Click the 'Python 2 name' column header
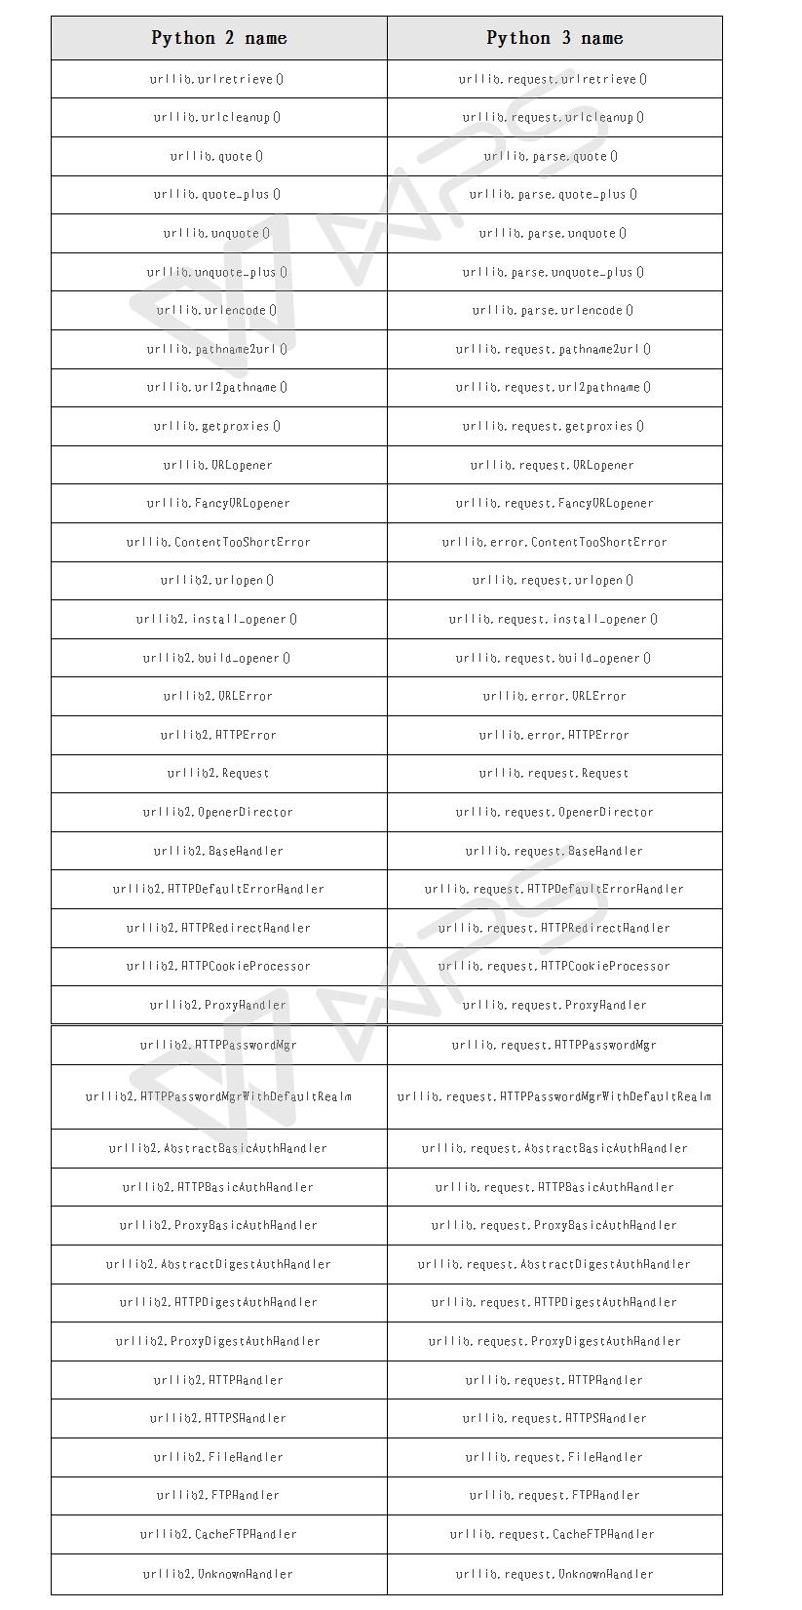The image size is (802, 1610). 219,38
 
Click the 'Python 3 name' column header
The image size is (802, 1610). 554,38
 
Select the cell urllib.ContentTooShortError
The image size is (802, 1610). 218,542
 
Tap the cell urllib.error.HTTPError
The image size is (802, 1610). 554,735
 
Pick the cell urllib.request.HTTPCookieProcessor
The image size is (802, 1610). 554,966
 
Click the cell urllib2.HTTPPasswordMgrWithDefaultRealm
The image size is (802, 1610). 218,1096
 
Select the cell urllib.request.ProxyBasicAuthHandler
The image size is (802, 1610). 554,1225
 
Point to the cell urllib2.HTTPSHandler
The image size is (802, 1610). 218,1418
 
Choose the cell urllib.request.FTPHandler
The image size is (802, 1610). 554,1495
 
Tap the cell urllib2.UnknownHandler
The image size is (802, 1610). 218,1574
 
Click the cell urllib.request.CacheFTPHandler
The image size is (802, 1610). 554,1534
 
